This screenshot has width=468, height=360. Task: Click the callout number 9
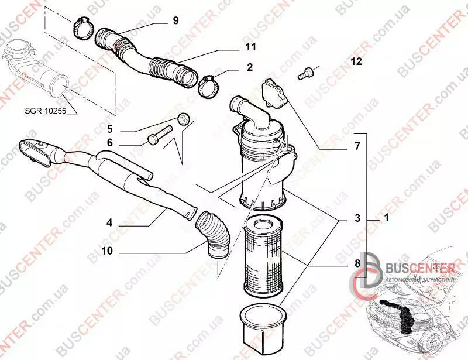[x=176, y=20]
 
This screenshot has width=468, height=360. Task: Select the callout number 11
[x=251, y=47]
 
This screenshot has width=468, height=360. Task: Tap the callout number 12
[x=356, y=61]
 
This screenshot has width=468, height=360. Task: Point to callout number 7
[x=357, y=146]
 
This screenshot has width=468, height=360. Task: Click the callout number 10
[x=108, y=251]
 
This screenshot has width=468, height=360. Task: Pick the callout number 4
[x=109, y=222]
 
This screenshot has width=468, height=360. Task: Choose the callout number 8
[x=357, y=263]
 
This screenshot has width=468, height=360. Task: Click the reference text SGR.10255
[x=46, y=111]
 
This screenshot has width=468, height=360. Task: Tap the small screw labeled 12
[x=304, y=73]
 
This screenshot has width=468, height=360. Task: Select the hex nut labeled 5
[x=183, y=119]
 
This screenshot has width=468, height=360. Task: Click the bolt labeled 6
[x=160, y=136]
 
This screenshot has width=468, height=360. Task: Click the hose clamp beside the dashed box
[x=82, y=28]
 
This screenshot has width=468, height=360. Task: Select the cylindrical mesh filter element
[x=263, y=256]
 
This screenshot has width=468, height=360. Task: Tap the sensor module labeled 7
[x=274, y=93]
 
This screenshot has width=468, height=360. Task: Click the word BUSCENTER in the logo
[x=420, y=268]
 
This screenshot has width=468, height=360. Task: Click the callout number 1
[x=387, y=218]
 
